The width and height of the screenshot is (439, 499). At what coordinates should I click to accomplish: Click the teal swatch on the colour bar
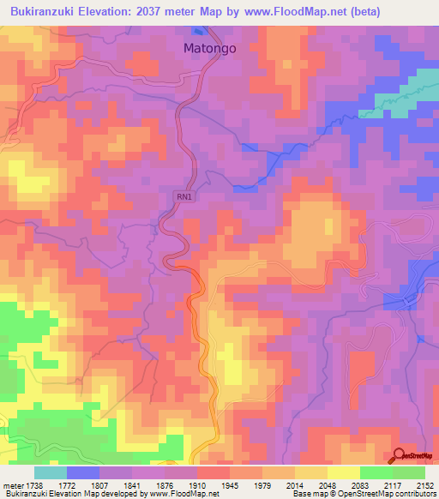coord(51,472)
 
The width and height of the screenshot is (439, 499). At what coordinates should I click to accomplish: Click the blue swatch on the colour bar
coord(83,472)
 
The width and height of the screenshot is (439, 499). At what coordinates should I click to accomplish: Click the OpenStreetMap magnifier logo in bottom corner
coord(400,456)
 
